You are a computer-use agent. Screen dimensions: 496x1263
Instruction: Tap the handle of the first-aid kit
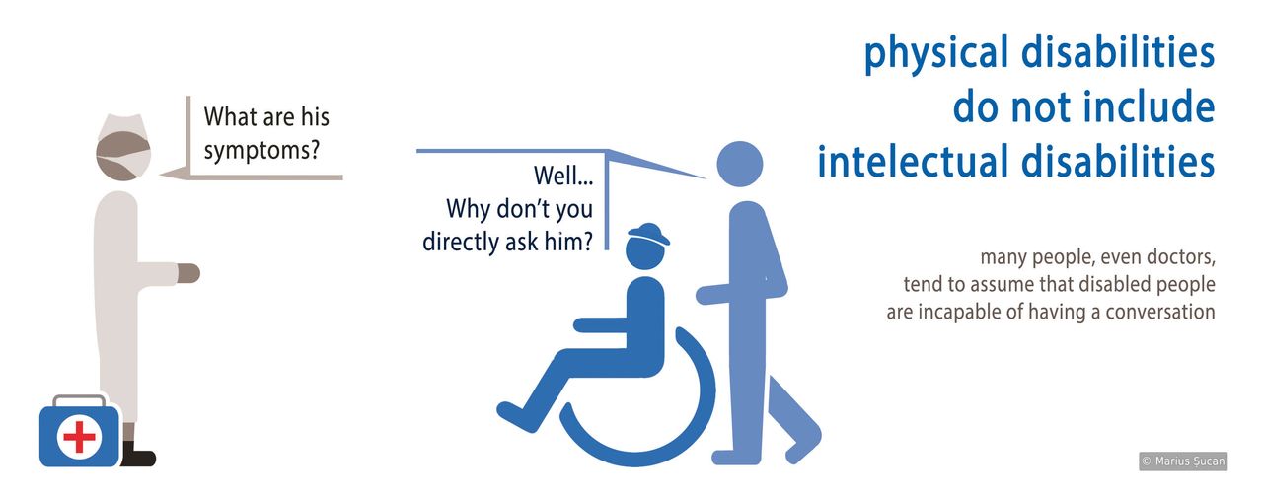79,400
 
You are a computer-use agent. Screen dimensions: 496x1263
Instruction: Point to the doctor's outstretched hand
187,273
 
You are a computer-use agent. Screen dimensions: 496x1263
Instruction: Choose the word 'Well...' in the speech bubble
563,177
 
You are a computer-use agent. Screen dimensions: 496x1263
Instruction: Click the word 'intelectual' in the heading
914,163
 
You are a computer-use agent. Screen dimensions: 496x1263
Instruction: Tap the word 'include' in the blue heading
1152,108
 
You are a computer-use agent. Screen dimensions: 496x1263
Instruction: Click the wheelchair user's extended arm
602,324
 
